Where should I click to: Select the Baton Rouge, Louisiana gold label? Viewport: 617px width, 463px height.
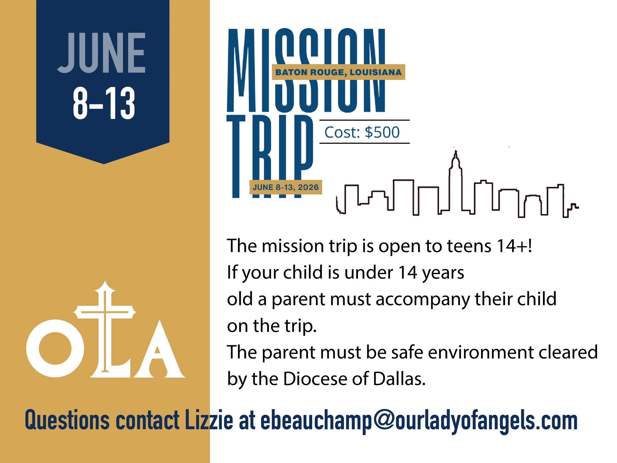[338, 72]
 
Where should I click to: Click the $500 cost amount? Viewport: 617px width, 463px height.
[382, 132]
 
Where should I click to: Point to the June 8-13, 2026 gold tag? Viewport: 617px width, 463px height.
[286, 187]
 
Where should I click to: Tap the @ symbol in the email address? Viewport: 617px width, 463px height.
[384, 420]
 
